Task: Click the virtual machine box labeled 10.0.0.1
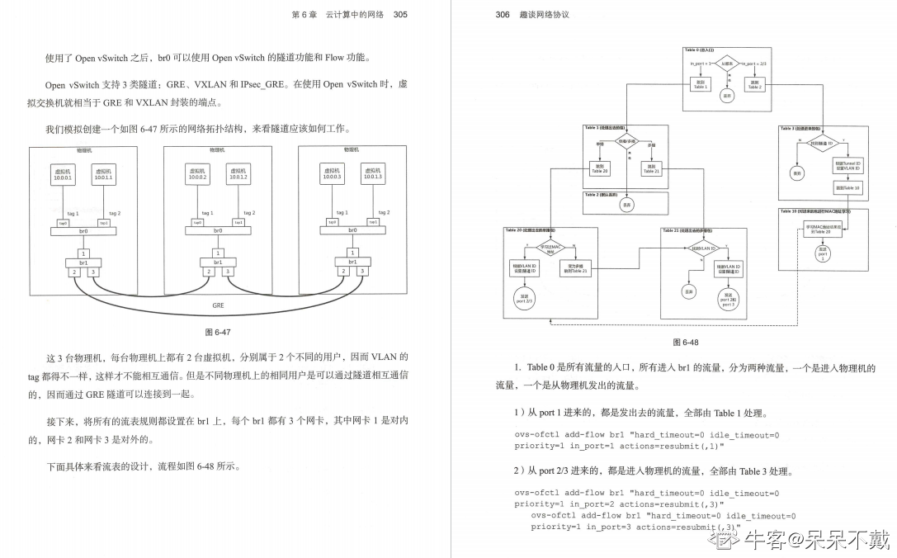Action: click(64, 174)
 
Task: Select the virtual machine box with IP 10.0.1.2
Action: click(238, 174)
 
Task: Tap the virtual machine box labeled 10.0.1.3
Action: click(372, 174)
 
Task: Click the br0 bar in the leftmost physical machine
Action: click(83, 231)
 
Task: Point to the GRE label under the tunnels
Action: click(218, 305)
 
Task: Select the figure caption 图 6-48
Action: click(685, 342)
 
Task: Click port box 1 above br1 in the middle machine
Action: click(217, 253)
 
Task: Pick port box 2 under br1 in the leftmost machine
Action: click(74, 272)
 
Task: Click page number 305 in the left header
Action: click(400, 14)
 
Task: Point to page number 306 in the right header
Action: click(503, 14)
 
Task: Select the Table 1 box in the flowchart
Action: click(701, 84)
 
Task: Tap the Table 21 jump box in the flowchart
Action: click(651, 169)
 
